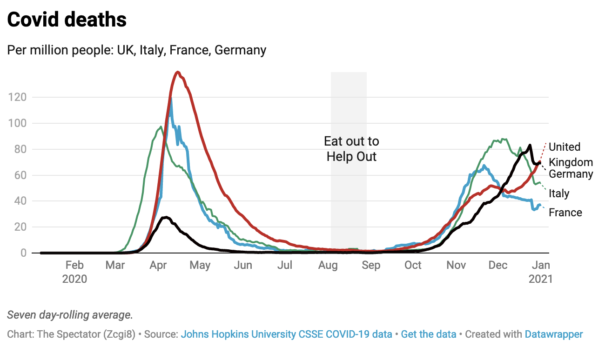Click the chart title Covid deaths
coord(67,20)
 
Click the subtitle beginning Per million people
coord(137,50)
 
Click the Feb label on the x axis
coord(74,265)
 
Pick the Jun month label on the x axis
coord(243,265)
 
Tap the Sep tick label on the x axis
coord(371,265)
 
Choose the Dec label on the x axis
coord(498,265)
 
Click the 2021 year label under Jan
coord(540,279)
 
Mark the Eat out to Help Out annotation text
coord(351,149)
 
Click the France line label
coord(565,213)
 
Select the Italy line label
coord(559,193)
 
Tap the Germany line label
coord(571,174)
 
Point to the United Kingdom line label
coord(571,154)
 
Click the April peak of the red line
coord(178,72)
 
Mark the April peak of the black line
coord(165,217)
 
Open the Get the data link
coord(428,334)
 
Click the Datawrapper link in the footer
coord(553,334)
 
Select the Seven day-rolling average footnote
coord(70,315)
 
